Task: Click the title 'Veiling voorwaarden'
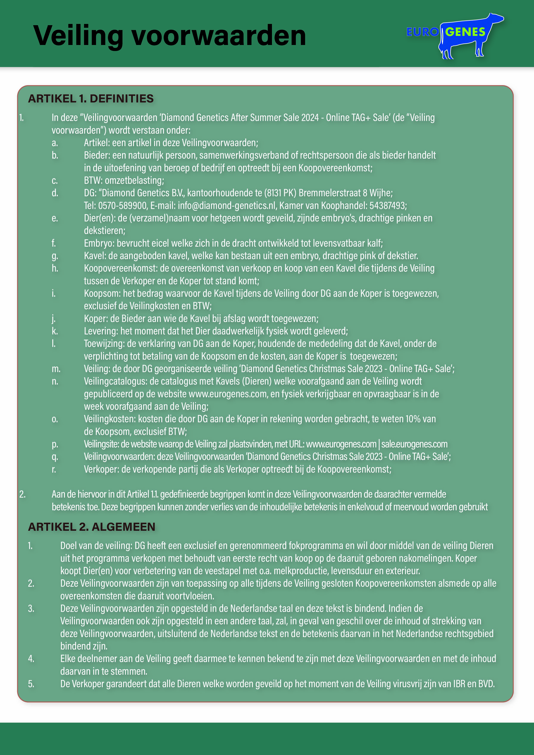click(169, 36)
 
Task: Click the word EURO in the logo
click(422, 32)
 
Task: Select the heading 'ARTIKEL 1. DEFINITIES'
click(91, 99)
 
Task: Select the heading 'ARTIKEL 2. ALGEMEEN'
click(92, 527)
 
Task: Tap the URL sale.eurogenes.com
click(414, 444)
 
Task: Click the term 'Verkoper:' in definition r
click(101, 469)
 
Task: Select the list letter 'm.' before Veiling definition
click(56, 369)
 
